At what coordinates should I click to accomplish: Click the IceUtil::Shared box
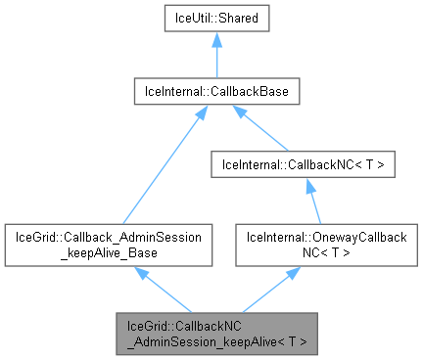215,19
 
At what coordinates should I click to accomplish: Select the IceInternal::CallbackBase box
215,92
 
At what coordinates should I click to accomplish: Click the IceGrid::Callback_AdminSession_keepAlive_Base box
108,245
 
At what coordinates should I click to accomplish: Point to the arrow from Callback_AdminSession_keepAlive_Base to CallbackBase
161,165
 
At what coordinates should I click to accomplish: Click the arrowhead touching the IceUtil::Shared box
215,39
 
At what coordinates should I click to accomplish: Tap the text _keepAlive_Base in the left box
108,252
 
